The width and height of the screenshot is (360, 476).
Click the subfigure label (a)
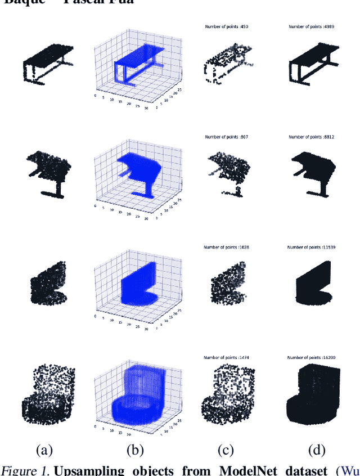tap(44, 450)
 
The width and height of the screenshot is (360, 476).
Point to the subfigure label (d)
tap(317, 450)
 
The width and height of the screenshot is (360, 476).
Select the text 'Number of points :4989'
tap(311, 26)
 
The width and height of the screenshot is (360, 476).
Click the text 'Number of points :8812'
tap(311, 137)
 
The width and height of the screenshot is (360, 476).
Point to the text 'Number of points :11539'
tap(311, 247)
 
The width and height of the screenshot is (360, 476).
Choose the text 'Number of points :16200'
tap(311, 357)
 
